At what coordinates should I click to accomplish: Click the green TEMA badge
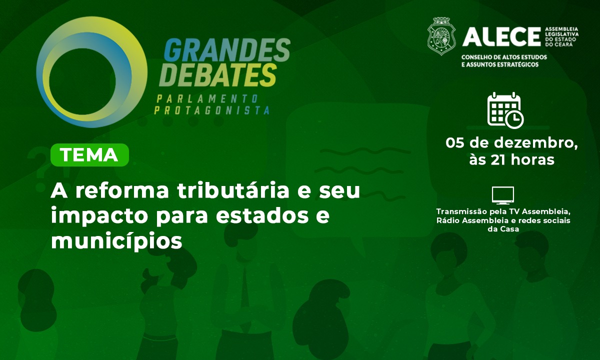click(x=89, y=155)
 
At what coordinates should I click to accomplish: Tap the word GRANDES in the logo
click(x=227, y=50)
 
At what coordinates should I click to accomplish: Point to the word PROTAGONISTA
click(x=211, y=110)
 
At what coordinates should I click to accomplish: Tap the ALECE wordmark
click(x=501, y=37)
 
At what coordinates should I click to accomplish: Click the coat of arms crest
click(x=441, y=36)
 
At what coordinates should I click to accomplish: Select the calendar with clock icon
click(x=505, y=110)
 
